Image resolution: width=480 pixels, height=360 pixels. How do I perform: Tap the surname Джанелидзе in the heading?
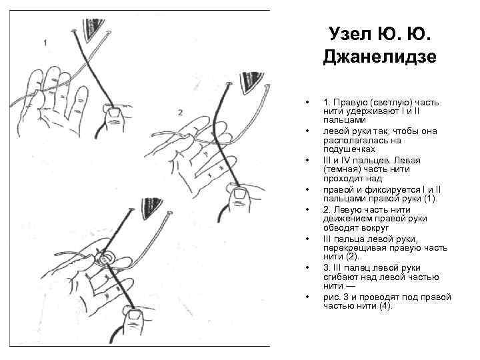(x=379, y=57)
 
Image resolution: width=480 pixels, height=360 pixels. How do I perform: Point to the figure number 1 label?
(x=45, y=43)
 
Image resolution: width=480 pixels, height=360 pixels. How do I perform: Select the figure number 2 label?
(x=180, y=113)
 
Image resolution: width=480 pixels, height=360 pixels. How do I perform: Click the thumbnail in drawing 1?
(x=116, y=113)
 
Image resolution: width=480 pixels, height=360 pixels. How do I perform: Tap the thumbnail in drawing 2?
(x=240, y=194)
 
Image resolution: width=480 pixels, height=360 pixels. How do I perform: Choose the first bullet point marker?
(x=306, y=102)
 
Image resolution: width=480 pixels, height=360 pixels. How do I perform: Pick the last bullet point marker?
(x=306, y=297)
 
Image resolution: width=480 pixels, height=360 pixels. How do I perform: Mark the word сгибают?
(x=341, y=277)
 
